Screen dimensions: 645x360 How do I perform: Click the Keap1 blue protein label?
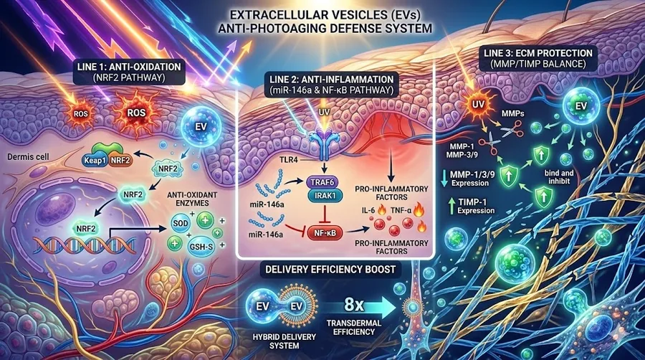95,160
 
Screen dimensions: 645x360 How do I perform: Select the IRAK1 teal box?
325,196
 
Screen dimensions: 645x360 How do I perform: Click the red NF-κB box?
325,233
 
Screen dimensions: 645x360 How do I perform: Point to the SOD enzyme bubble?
181,224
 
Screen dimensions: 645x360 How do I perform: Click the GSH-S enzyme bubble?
201,247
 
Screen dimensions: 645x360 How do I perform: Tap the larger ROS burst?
136,113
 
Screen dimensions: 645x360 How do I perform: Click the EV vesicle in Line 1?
201,127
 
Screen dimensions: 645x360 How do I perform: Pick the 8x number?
354,305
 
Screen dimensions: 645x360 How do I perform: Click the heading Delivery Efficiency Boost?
330,270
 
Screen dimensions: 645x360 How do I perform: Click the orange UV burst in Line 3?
477,104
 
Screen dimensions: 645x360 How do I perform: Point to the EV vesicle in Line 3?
580,106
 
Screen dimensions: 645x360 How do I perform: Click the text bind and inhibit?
559,177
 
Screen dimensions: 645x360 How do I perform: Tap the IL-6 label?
368,210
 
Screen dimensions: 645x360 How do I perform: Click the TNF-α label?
400,210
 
